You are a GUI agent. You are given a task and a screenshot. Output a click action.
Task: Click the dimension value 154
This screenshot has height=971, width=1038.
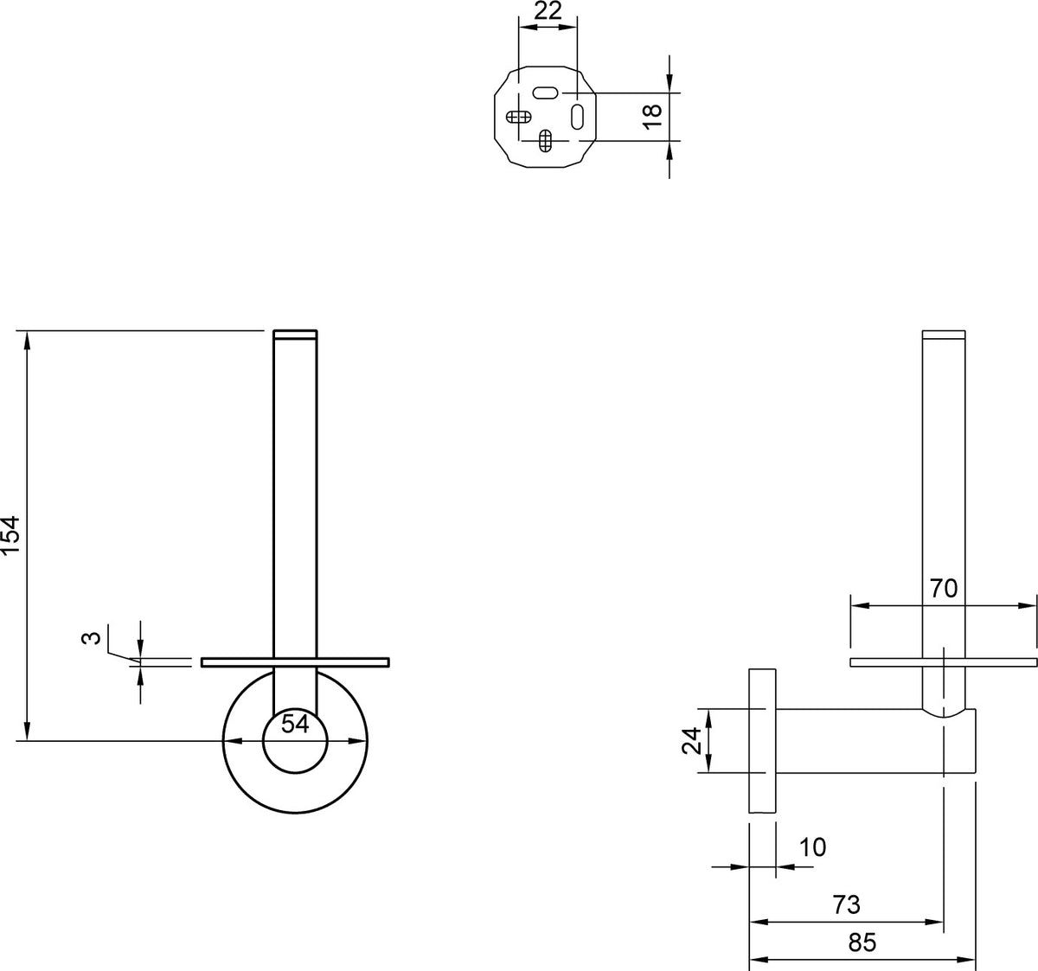[x=10, y=535]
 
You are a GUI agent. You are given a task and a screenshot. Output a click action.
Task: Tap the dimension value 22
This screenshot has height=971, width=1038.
[x=548, y=10]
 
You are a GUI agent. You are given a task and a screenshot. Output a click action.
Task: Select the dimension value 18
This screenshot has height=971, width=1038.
[x=652, y=117]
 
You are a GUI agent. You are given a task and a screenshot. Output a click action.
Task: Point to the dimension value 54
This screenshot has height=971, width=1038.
[x=295, y=724]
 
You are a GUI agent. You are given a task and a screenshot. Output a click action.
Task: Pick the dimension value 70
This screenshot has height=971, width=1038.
[x=944, y=589]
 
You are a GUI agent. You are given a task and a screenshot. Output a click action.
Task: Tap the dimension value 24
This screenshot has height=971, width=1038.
[x=691, y=740]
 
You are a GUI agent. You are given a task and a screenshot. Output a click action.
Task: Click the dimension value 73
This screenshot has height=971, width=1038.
[x=846, y=904]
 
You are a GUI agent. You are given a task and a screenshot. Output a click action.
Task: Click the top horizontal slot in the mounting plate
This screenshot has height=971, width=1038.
[x=546, y=93]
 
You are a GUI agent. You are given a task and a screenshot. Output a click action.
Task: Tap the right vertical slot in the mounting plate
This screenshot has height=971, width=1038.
[x=577, y=117]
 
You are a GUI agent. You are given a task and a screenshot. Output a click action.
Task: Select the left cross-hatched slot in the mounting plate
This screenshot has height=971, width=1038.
[x=518, y=117]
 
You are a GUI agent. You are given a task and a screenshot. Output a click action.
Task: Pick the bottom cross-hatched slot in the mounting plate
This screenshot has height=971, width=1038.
[x=545, y=140]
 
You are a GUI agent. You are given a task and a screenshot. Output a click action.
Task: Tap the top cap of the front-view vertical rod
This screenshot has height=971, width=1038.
[x=295, y=335]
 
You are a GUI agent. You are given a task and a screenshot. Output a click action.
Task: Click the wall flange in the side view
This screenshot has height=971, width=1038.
[x=762, y=741]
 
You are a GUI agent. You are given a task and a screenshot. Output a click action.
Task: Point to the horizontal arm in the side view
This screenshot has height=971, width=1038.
[x=875, y=741]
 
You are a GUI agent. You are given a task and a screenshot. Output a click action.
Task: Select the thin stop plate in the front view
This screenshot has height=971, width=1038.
[x=295, y=662]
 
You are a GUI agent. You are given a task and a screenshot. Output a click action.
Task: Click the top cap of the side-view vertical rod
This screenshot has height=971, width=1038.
[x=944, y=335]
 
